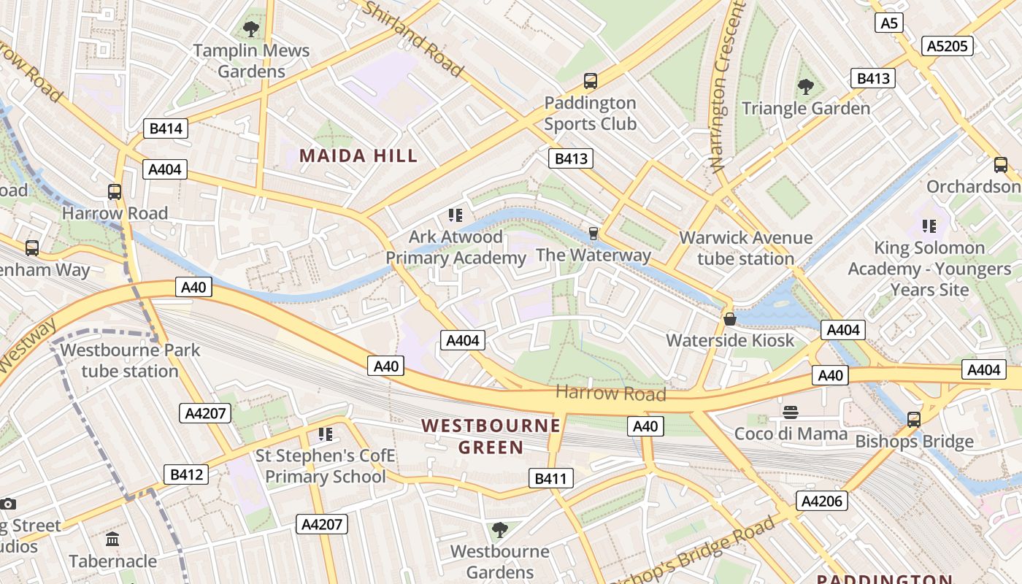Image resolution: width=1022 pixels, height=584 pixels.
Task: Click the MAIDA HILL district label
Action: click(x=358, y=155)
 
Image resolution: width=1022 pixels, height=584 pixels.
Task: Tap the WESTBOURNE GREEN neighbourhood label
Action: click(x=491, y=436)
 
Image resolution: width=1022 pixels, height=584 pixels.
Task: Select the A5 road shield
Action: click(x=888, y=23)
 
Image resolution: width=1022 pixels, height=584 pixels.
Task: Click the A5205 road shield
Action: click(x=948, y=46)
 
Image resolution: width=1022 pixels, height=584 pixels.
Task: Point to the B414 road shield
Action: click(x=165, y=129)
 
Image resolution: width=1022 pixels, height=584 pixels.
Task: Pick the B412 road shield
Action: click(x=185, y=474)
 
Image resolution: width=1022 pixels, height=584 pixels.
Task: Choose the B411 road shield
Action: click(x=550, y=479)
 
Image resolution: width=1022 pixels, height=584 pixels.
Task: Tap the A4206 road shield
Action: click(x=821, y=501)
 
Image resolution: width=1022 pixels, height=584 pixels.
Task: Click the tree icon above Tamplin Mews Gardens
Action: click(x=251, y=29)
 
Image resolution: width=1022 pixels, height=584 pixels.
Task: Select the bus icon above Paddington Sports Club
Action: click(x=590, y=81)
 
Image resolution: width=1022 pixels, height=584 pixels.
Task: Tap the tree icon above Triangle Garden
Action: click(x=805, y=87)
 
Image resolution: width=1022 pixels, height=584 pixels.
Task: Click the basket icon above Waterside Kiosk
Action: click(x=729, y=319)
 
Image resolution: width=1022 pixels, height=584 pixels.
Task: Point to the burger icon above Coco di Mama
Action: click(x=790, y=412)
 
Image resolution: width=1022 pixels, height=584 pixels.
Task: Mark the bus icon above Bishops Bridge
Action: click(x=913, y=420)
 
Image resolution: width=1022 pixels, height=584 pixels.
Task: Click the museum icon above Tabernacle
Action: click(x=112, y=539)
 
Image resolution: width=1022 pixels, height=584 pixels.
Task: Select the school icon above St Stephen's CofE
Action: click(x=325, y=434)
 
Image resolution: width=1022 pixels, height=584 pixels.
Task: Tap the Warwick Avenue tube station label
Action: click(x=745, y=248)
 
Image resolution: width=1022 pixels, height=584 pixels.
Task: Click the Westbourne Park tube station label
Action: click(x=130, y=360)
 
